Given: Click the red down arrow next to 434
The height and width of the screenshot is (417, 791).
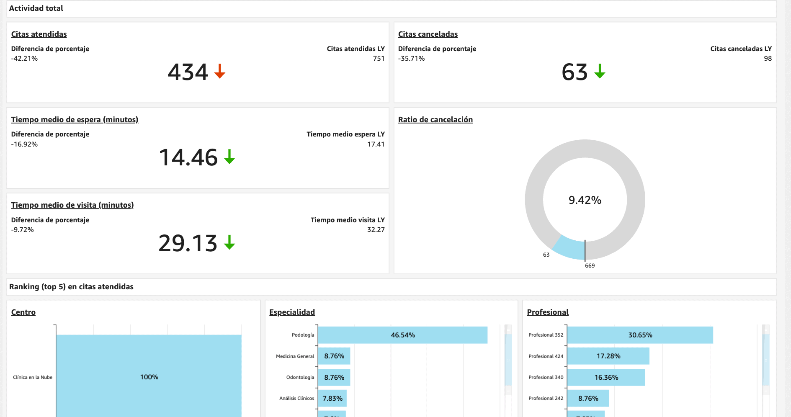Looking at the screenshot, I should pos(220,71).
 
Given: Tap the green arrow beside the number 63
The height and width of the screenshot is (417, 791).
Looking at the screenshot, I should pos(600,71).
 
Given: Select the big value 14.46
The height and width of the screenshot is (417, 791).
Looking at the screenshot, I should pos(188,158).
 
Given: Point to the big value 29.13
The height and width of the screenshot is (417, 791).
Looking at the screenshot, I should pos(188,243).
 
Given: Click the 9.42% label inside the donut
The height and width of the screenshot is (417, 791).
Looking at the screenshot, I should pos(585,200).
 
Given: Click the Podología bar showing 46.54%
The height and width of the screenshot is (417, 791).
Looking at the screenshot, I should pos(402,335).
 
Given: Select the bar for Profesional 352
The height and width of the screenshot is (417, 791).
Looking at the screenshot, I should pos(640,335).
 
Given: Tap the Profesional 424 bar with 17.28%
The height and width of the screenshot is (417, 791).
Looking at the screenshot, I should pos(608,356).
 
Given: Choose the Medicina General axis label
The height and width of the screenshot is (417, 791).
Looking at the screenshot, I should pos(295,356).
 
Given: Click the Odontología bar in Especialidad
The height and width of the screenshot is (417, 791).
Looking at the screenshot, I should pos(334,377).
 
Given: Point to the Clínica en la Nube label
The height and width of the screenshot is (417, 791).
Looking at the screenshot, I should pos(33,377).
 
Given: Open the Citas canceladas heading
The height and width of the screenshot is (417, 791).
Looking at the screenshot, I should pos(428,34).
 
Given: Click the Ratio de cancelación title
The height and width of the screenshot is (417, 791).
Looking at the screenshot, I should pos(435,120).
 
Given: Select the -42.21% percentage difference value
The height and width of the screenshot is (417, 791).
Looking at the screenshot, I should pos(24,59).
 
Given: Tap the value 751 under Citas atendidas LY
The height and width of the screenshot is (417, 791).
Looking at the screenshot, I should pos(379,59).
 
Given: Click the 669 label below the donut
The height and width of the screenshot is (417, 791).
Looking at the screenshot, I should pos(590,265).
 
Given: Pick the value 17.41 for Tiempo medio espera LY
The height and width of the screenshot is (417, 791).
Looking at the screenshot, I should pos(376,144).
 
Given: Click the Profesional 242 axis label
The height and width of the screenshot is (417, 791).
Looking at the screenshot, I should pos(546,398).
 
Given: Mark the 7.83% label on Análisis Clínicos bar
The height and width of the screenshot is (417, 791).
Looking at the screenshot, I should pos(332,399).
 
